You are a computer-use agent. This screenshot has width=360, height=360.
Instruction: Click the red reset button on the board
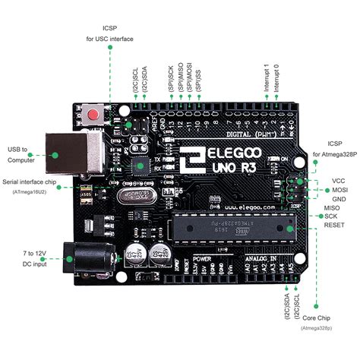[93, 115]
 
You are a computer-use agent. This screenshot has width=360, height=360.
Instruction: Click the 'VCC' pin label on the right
[339, 182]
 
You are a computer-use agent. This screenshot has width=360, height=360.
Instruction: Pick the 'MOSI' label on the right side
[339, 190]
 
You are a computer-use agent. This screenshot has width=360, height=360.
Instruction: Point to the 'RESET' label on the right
[334, 226]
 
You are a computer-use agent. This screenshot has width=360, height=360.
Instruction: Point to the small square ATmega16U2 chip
[138, 164]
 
